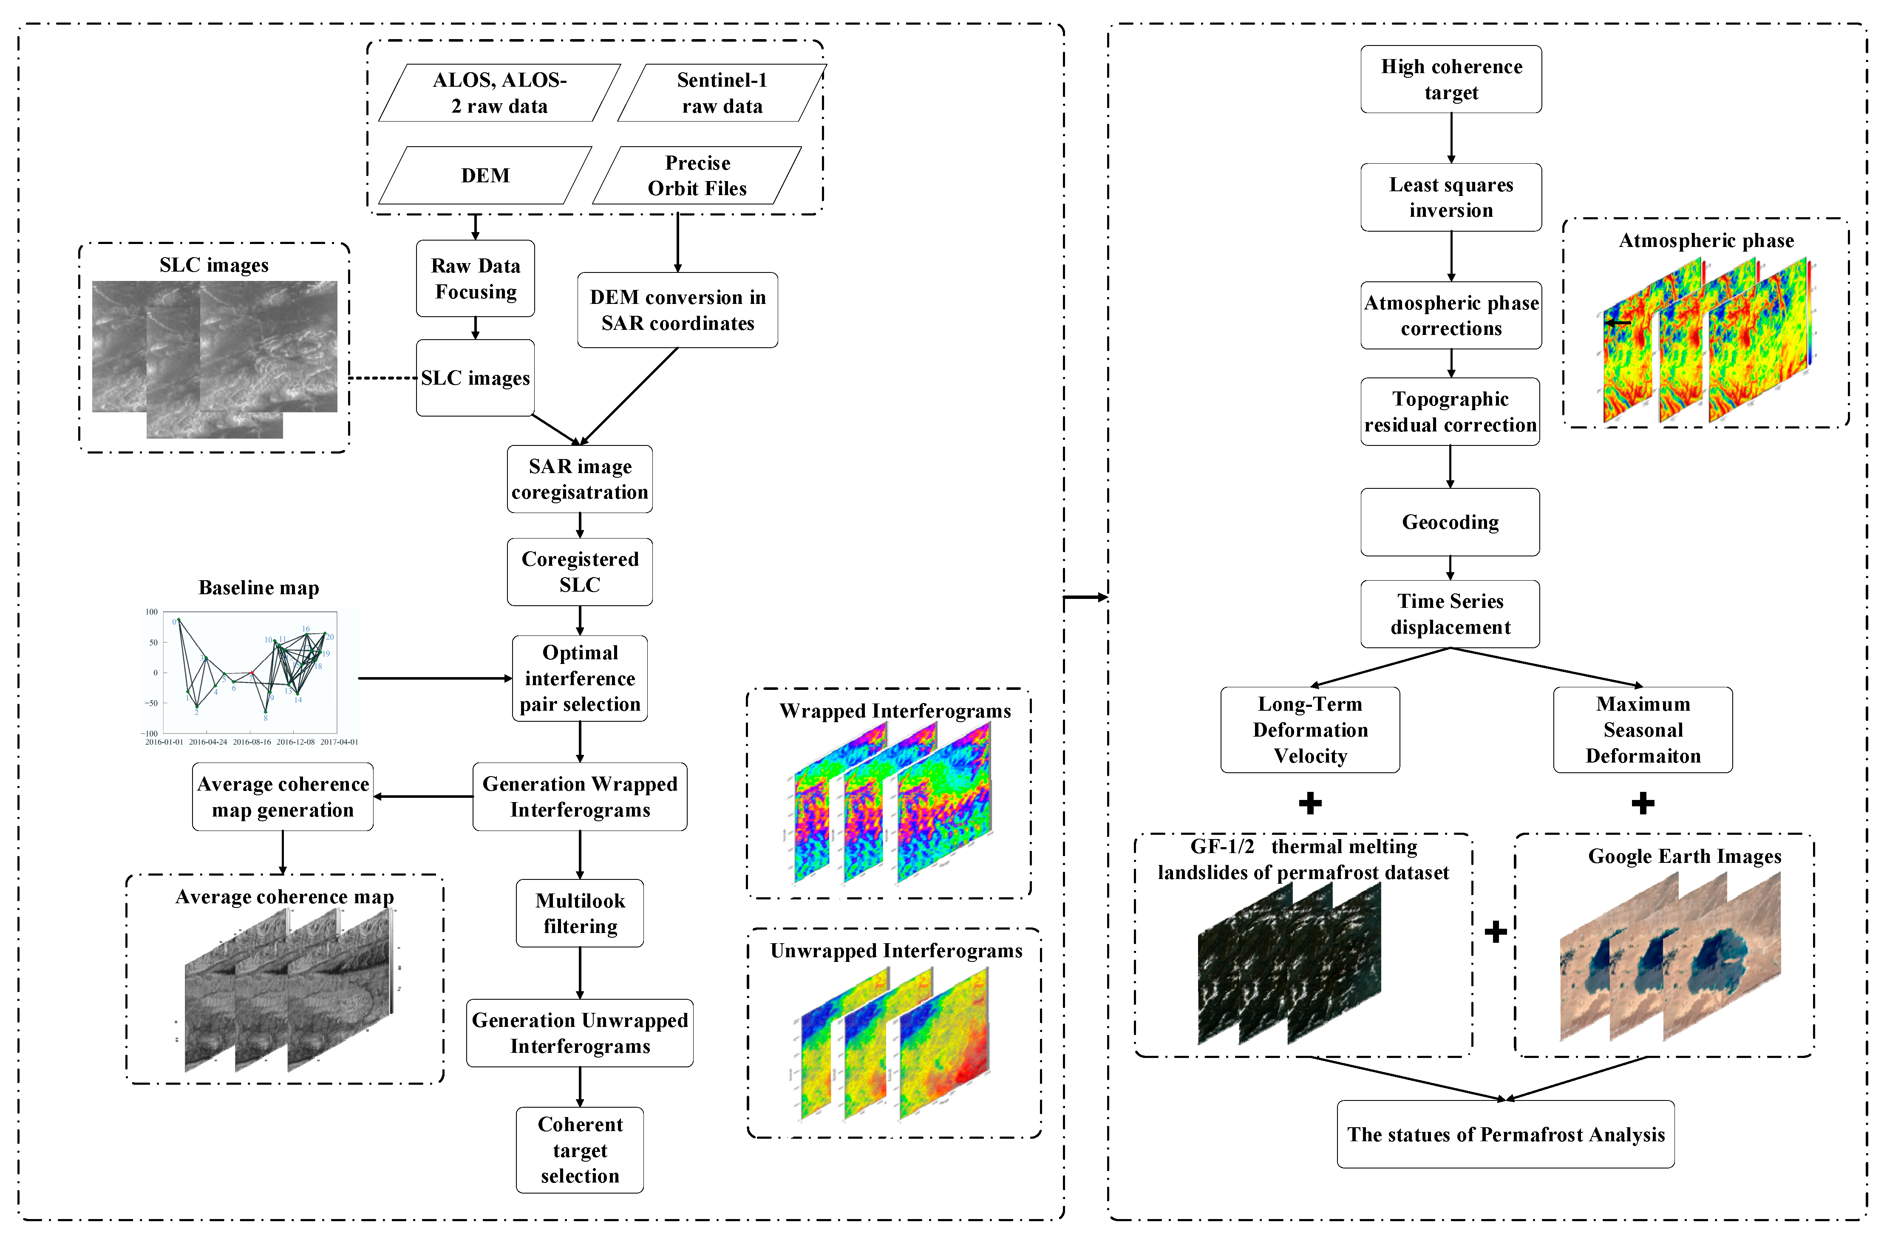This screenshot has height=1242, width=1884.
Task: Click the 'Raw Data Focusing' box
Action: click(475, 279)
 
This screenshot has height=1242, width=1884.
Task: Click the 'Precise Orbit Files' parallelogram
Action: click(697, 175)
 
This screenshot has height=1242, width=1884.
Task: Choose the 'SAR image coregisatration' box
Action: click(580, 479)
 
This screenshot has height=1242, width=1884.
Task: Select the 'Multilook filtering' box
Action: click(580, 913)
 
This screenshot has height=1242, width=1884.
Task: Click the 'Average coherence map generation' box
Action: click(283, 797)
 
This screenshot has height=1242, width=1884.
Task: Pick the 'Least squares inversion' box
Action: click(1451, 197)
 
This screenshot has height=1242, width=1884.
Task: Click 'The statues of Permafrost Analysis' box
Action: click(1505, 1134)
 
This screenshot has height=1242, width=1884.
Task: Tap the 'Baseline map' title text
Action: click(259, 588)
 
